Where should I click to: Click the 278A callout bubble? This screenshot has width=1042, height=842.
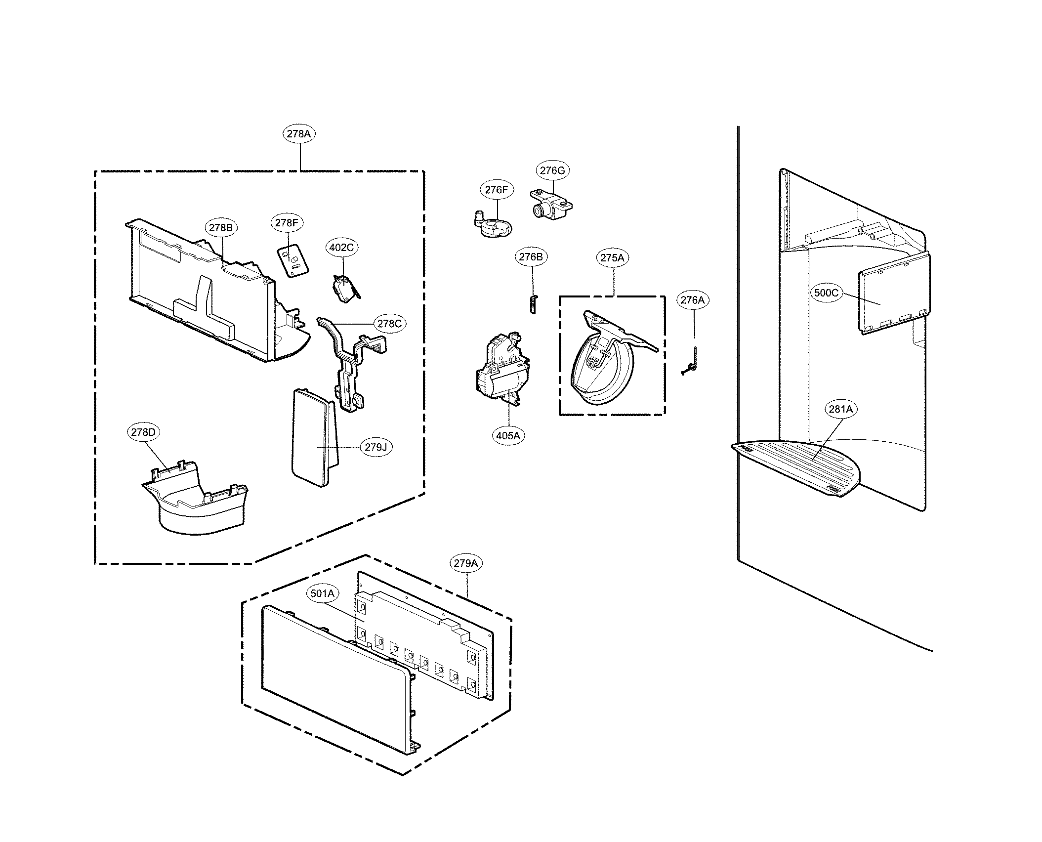(299, 134)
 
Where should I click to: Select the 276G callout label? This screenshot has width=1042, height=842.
(552, 170)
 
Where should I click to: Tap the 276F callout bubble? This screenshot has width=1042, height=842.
(496, 190)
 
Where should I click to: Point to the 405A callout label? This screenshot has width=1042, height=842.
(508, 435)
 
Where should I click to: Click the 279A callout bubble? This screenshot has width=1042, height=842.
(466, 563)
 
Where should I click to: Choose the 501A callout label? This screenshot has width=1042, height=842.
(323, 593)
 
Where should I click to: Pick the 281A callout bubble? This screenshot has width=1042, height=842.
(840, 409)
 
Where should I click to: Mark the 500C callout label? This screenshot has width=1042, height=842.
(826, 293)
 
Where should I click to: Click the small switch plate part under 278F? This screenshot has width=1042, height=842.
(292, 261)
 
